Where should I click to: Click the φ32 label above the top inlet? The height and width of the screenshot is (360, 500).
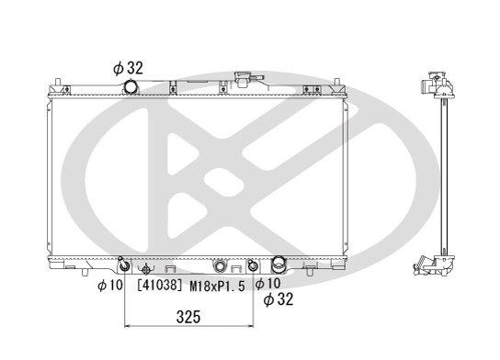[130, 67]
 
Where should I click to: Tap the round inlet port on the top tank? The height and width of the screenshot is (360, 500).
[131, 87]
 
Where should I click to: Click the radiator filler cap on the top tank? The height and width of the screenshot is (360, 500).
[245, 81]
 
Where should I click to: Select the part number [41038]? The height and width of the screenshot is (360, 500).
[161, 286]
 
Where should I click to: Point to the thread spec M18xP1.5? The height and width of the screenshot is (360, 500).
[218, 286]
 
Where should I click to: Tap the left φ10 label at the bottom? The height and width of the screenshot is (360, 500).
[109, 285]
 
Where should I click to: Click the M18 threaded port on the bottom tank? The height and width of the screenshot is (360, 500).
[219, 266]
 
